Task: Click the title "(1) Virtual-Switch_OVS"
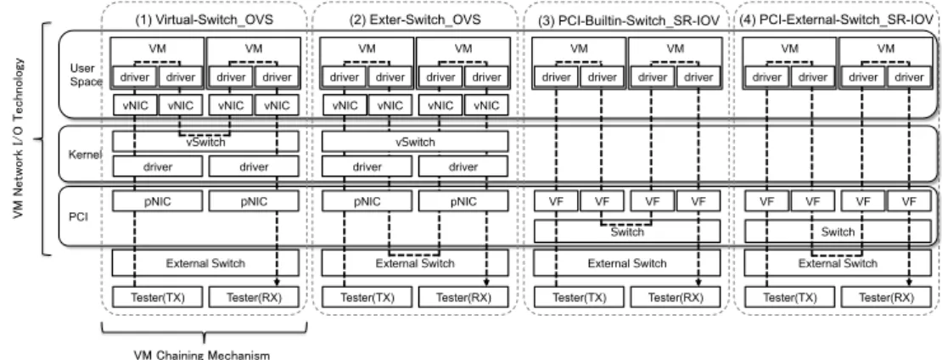tap(205, 20)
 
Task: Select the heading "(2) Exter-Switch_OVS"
tap(415, 20)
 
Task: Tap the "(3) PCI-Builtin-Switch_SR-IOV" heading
tap(627, 20)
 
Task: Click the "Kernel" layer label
tap(86, 155)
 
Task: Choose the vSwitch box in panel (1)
tap(205, 142)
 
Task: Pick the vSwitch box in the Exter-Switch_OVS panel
tap(415, 142)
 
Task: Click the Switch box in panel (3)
tap(627, 232)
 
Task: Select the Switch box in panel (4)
tap(838, 232)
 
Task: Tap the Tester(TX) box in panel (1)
tap(157, 297)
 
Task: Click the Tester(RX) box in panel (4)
tap(886, 297)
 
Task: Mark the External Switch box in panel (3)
tap(627, 262)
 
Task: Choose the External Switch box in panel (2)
tap(415, 262)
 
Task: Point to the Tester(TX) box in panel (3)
tap(579, 297)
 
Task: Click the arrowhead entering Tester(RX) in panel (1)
tap(277, 283)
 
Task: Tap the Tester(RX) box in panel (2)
tap(463, 297)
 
